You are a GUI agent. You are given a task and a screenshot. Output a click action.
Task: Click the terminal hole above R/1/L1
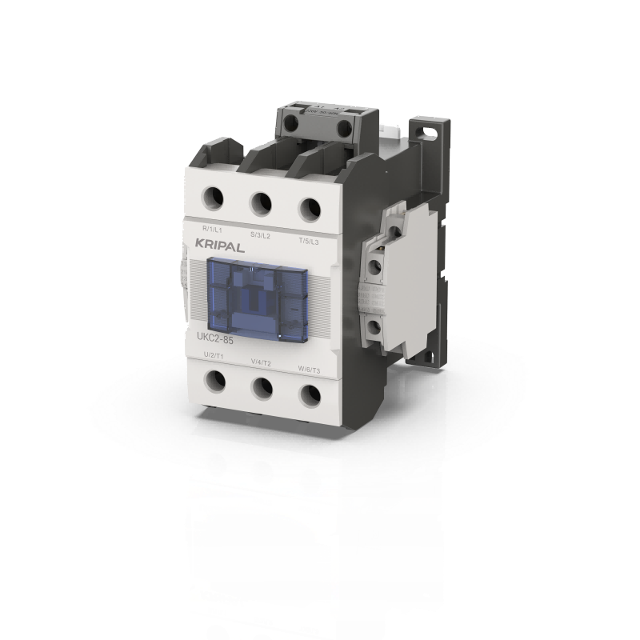pos(213,194)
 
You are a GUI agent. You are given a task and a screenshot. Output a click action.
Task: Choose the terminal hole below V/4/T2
pos(262,387)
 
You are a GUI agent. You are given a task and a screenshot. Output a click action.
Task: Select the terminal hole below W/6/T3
pos(309,395)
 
